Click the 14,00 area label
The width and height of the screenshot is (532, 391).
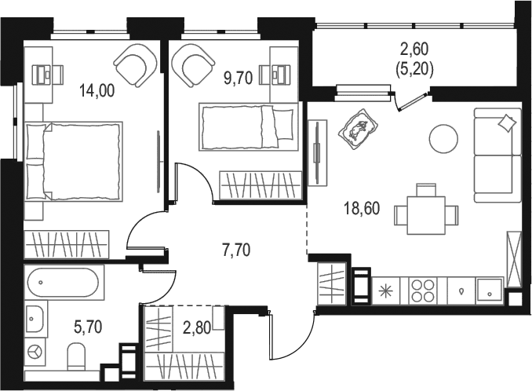[97, 90]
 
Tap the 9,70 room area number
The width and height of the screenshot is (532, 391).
[238, 79]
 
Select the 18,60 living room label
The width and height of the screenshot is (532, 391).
[362, 208]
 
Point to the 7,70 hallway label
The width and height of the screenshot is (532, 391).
[236, 250]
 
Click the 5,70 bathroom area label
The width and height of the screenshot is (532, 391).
[88, 327]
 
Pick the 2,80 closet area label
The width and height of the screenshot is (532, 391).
[197, 328]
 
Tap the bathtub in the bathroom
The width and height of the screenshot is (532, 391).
[64, 283]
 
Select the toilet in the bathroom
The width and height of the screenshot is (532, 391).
[77, 356]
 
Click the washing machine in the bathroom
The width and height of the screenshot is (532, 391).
[35, 352]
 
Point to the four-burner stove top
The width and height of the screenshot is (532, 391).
[422, 291]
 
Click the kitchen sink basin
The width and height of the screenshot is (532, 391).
[490, 291]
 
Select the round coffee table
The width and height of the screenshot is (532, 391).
[443, 138]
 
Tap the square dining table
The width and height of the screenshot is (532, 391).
[426, 215]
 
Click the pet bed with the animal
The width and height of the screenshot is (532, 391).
[358, 129]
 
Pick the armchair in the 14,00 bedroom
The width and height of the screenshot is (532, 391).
[136, 64]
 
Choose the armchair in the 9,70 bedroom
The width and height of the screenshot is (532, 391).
[193, 65]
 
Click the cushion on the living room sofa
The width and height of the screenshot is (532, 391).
[506, 122]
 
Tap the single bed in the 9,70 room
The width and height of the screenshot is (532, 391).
[249, 126]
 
